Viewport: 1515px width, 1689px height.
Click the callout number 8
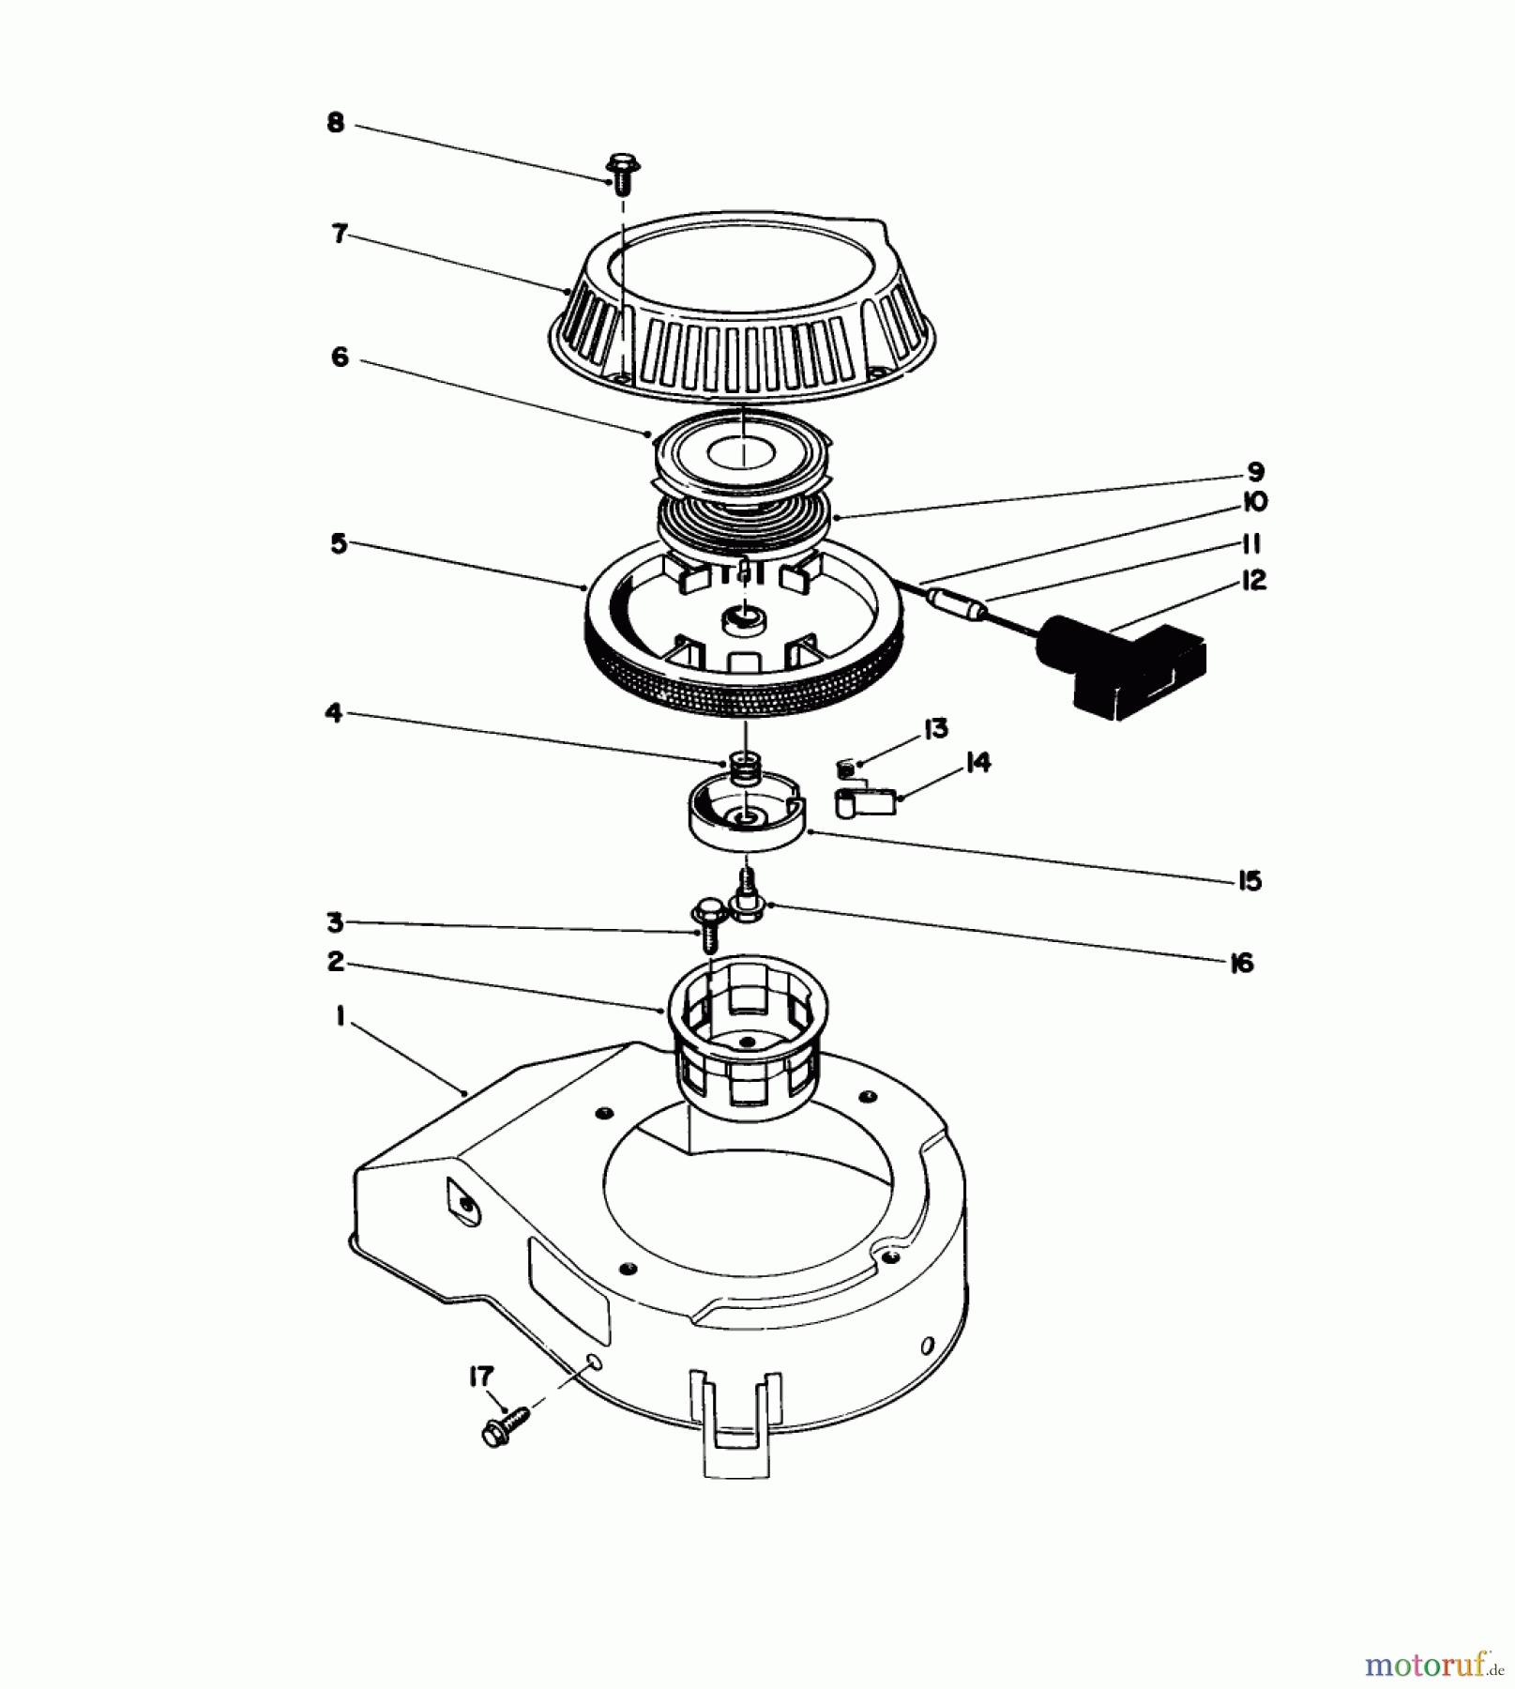coord(335,123)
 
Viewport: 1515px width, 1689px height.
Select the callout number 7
coord(339,234)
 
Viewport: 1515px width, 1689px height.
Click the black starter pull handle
coord(1122,664)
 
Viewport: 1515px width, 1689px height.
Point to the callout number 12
coord(1253,580)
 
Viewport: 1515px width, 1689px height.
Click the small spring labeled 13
coord(845,768)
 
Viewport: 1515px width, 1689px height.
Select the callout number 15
coord(1250,880)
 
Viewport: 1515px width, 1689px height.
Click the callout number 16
coord(1241,963)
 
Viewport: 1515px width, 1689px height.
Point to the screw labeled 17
coord(505,1431)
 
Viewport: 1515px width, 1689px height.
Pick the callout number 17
coord(480,1377)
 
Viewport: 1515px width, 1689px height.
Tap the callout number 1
coord(340,1015)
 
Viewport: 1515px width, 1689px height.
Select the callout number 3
coord(335,922)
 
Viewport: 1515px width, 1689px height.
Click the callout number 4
coord(333,713)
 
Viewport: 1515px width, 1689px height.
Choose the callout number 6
coord(340,358)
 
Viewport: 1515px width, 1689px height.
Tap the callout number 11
coord(1250,543)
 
